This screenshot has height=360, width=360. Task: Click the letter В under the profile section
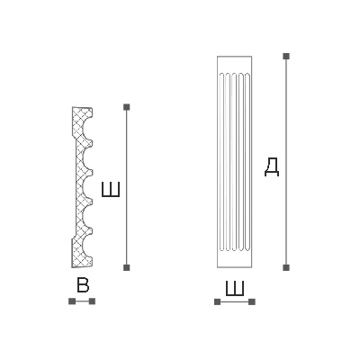point(83,285)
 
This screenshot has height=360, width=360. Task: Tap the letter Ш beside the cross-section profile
point(111,189)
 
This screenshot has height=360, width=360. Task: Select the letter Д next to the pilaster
point(272,167)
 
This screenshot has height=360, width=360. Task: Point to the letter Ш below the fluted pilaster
point(235,288)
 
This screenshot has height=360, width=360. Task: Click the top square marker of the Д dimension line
point(286,56)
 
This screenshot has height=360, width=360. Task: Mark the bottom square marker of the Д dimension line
point(286,267)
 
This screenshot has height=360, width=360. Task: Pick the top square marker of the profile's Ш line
point(127,107)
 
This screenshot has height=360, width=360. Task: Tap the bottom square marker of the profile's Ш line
point(127,267)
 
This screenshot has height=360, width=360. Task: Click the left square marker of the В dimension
point(72,301)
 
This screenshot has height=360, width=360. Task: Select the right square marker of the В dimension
point(92,301)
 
